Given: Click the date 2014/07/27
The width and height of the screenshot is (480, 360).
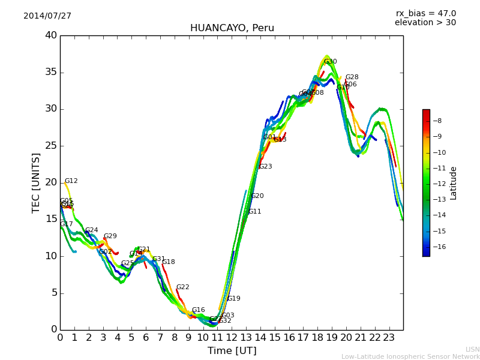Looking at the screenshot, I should [47, 16].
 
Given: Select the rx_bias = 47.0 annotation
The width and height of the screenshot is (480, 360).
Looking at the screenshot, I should [425, 14].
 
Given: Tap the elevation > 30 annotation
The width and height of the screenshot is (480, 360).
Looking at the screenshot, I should [425, 23].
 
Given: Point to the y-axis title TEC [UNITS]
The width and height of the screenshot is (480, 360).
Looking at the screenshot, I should [37, 183].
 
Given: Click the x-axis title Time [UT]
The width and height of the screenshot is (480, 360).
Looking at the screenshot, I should [232, 351].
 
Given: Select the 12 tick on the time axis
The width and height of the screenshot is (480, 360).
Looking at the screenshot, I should [232, 338].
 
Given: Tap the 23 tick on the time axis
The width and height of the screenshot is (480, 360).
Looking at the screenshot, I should [389, 338].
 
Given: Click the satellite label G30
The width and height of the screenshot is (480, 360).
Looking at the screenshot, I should [330, 62].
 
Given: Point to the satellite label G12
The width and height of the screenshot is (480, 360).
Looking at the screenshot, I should [71, 181].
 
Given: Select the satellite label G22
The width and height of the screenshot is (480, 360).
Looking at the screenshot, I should [182, 287].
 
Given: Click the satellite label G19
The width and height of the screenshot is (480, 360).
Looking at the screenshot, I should [233, 299].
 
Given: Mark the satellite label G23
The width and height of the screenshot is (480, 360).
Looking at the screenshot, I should [265, 167].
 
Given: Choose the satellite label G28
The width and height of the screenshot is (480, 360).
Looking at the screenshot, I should [352, 77].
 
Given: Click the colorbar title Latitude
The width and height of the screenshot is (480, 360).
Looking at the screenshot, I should [454, 183].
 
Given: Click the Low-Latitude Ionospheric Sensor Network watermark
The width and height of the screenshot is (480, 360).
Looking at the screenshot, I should [410, 357].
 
